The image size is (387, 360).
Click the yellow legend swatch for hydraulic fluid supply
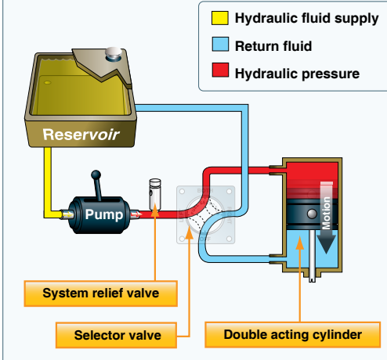click(220, 18)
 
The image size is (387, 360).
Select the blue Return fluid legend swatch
click(220, 44)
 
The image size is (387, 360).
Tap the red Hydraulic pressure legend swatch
click(220, 70)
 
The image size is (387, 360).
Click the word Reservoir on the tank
click(81, 135)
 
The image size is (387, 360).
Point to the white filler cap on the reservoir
click(114, 52)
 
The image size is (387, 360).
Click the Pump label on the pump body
click(104, 214)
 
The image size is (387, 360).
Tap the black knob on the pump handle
click(96, 175)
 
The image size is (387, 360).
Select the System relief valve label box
click(101, 293)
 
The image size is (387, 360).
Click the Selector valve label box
click(116, 335)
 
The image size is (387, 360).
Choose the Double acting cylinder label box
click(292, 335)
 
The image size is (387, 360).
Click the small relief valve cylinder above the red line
click(155, 193)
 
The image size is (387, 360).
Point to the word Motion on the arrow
click(327, 213)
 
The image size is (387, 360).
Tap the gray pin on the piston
click(312, 214)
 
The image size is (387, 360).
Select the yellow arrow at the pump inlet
click(67, 214)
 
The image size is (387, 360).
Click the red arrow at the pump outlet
click(136, 214)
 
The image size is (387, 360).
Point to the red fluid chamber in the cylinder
click(312, 180)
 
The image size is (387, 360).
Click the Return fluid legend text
click(273, 46)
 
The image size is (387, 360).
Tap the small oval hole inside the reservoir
click(48, 83)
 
